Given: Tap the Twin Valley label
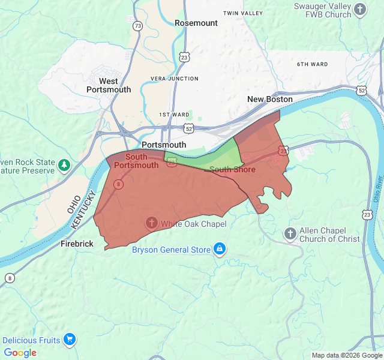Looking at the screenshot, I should (242, 13).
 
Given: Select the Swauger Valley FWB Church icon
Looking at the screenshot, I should (360, 9).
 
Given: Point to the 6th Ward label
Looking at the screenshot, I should (313, 64).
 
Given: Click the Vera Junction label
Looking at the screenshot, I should (175, 79).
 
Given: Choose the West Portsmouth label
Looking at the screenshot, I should (109, 85).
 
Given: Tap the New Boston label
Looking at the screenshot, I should (270, 99).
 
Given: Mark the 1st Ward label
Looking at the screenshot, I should (174, 115).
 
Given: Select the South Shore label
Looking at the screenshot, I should (232, 170).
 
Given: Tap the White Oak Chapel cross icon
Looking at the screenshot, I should (152, 224).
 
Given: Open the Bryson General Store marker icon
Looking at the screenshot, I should (220, 249).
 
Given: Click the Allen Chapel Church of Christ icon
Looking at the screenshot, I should (290, 233).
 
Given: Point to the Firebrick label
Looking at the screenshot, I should (77, 244).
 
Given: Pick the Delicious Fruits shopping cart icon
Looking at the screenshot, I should (70, 340).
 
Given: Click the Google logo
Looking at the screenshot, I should (20, 353).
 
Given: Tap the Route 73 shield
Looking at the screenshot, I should (139, 26).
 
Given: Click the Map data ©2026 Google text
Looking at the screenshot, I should (346, 355).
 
